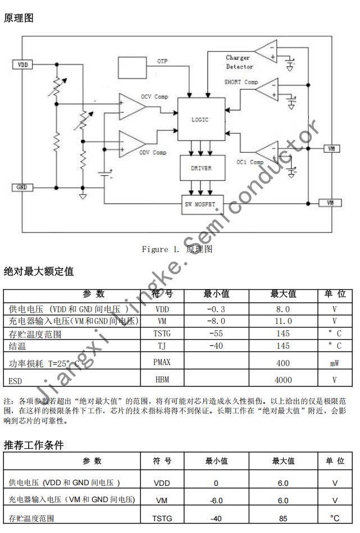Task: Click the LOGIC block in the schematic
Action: pyautogui.click(x=200, y=119)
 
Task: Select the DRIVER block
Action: pyautogui.click(x=200, y=168)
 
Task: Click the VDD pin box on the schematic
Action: pyautogui.click(x=23, y=65)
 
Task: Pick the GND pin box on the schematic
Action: pyautogui.click(x=22, y=187)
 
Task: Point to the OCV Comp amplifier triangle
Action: pyautogui.click(x=131, y=106)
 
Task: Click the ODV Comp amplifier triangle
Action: pyautogui.click(x=131, y=143)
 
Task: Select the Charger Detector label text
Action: pyautogui.click(x=239, y=62)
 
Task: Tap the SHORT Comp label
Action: pyautogui.click(x=241, y=82)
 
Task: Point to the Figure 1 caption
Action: pyautogui.click(x=176, y=249)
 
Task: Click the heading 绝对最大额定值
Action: pyautogui.click(x=39, y=271)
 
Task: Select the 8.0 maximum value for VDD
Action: pyautogui.click(x=283, y=309)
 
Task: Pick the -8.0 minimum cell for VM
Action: pyautogui.click(x=216, y=321)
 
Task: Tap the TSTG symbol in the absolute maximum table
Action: pyautogui.click(x=162, y=334)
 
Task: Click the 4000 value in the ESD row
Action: pyautogui.click(x=283, y=380)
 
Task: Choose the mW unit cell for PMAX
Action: pyautogui.click(x=335, y=363)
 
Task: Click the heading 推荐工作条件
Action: pyautogui.click(x=34, y=445)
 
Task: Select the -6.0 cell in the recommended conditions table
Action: pyautogui.click(x=216, y=500)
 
